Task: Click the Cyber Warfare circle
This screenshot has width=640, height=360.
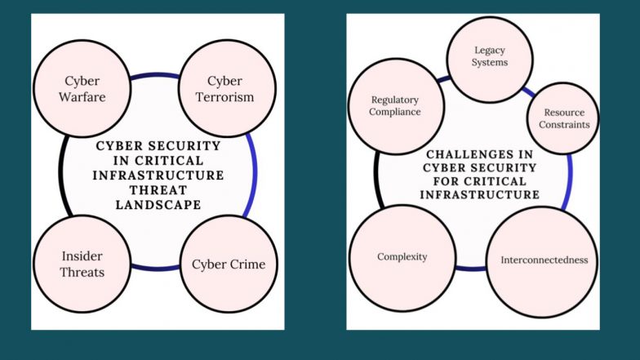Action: pos(82,90)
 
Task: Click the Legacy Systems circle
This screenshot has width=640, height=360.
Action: pos(491,57)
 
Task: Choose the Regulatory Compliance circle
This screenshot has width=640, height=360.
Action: pos(394,107)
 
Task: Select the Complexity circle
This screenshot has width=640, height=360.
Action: pos(402,257)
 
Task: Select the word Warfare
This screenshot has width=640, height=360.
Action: pos(82,97)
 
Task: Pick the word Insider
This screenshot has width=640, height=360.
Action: pos(82,256)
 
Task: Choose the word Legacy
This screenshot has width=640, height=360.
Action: pos(491,51)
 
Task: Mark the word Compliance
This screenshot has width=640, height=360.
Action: pos(394,112)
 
